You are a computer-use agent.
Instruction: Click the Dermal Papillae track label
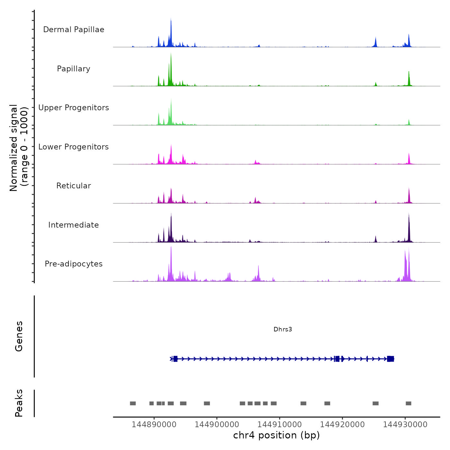(x=74, y=30)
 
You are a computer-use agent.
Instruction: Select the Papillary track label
(x=74, y=69)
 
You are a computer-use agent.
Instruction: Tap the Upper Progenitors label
(x=74, y=108)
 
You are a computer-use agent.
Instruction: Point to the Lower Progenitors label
(x=74, y=147)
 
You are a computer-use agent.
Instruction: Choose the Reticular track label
(x=74, y=186)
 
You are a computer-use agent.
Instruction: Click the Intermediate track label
(x=74, y=225)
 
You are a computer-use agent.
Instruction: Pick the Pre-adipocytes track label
(x=74, y=264)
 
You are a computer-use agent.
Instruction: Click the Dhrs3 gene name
(x=283, y=329)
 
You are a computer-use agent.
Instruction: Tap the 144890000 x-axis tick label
(x=154, y=425)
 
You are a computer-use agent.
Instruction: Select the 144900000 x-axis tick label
(x=217, y=425)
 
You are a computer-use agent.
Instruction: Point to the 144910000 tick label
(x=280, y=425)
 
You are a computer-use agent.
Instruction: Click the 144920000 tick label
(x=342, y=425)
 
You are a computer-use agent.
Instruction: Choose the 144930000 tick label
(x=405, y=425)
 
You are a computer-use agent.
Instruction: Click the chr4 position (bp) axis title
(x=276, y=436)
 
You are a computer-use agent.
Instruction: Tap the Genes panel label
(x=19, y=336)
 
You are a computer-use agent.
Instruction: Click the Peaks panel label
(x=19, y=403)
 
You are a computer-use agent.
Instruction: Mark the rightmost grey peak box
(x=409, y=403)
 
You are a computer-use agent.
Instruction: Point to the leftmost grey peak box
(x=133, y=403)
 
